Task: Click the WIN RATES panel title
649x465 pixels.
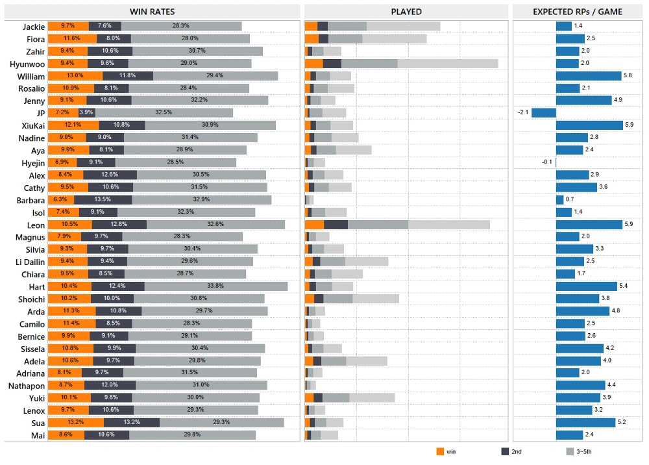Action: tap(153, 12)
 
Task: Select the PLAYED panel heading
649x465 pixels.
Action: tap(406, 12)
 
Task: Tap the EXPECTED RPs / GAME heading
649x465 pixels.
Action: tap(577, 12)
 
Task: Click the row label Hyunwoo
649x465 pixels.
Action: tap(27, 64)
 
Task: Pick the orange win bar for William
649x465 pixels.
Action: tap(75, 76)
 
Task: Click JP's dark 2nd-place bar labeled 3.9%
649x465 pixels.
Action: tap(86, 113)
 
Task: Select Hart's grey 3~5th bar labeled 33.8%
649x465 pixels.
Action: tap(215, 286)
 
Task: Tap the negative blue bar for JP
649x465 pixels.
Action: tap(544, 113)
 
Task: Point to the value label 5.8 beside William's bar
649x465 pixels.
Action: tap(628, 76)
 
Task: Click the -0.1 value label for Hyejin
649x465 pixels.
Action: tap(547, 162)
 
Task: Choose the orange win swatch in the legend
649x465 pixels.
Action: tap(440, 451)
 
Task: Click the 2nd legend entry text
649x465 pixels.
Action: tap(517, 451)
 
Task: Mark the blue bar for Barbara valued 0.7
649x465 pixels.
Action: tap(560, 200)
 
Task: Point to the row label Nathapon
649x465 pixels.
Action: tap(27, 386)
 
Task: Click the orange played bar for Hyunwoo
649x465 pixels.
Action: tap(314, 64)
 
